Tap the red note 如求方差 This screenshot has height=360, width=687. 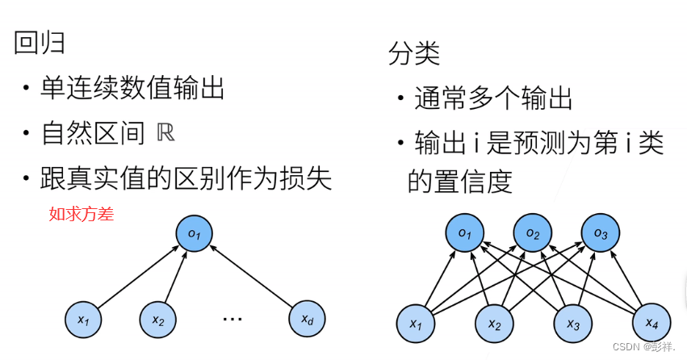pos(81,214)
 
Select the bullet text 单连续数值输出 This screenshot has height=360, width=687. pos(132,90)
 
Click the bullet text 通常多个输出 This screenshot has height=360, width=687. pos(493,99)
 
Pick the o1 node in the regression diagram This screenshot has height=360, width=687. pos(195,233)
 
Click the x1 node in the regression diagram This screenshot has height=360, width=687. pos(84,320)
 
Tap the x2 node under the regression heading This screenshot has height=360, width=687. pos(159,320)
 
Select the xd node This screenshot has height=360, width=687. pos(308,320)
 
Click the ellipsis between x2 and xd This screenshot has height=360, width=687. pos(232,318)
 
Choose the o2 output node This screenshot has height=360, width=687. pos(533,233)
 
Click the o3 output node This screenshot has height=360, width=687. pos(601,233)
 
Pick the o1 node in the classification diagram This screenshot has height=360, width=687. pos(464,233)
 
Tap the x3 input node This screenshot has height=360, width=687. pos(572,323)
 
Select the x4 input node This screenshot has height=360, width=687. pos(651,323)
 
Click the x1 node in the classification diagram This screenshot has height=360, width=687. pos(416,323)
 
